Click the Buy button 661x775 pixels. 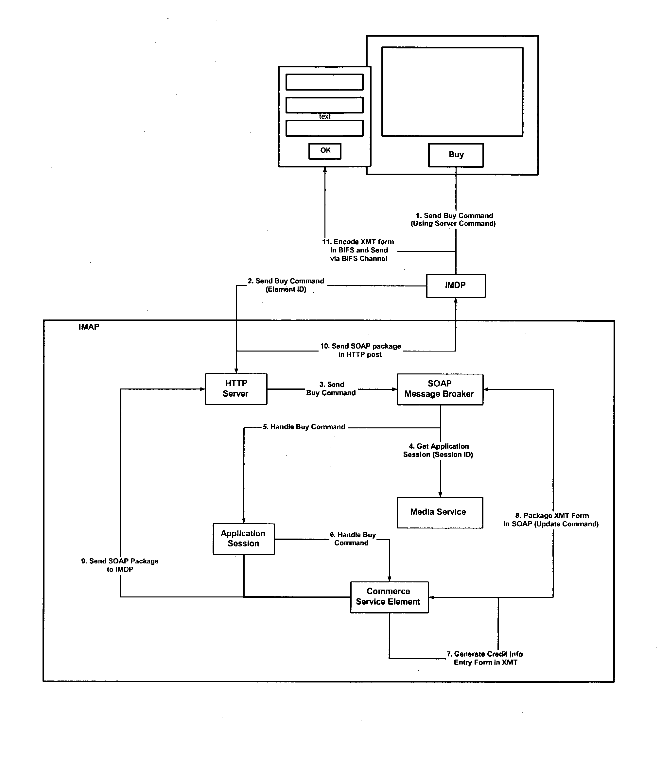tap(455, 155)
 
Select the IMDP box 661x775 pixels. tap(455, 286)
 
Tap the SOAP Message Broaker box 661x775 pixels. tap(440, 389)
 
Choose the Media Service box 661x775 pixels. tap(439, 512)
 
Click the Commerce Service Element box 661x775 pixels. tap(389, 596)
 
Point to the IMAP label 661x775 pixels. tap(89, 327)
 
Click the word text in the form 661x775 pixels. tap(324, 116)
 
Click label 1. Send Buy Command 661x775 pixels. tap(453, 219)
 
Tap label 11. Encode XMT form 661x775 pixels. tap(358, 250)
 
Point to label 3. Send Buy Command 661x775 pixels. tap(331, 388)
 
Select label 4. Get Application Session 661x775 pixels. tap(438, 450)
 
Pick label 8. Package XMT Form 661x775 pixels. tap(551, 520)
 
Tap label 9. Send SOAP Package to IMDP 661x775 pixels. tap(120, 565)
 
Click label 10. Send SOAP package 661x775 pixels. tap(360, 350)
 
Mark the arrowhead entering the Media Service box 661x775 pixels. tap(440, 494)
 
